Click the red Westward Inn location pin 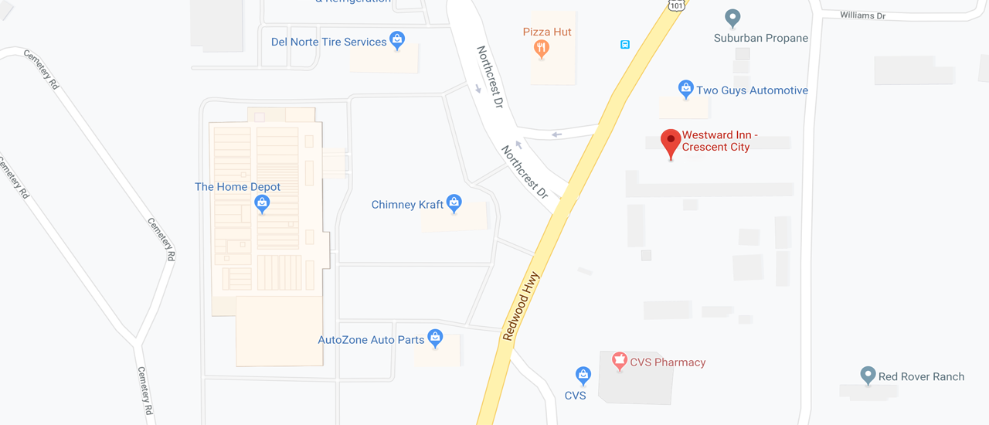click(671, 142)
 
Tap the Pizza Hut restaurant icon click(542, 49)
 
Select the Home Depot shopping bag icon click(262, 204)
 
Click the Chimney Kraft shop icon click(454, 203)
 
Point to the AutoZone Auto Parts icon click(436, 338)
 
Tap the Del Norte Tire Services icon click(397, 40)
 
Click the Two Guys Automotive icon click(685, 90)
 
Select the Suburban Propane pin click(732, 18)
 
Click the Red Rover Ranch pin click(868, 376)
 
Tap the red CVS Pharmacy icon click(619, 360)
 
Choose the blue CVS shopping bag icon click(583, 376)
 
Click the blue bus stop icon click(624, 45)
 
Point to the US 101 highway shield click(676, 5)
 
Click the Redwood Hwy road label click(520, 305)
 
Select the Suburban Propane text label click(760, 38)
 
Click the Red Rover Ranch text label click(921, 377)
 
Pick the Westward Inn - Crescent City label click(719, 141)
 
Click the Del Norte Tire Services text click(328, 42)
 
